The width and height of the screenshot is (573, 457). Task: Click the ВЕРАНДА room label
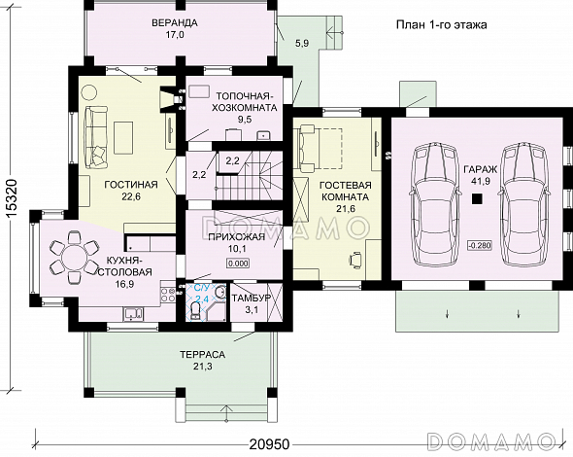[175, 22]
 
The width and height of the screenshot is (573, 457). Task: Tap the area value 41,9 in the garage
[480, 181]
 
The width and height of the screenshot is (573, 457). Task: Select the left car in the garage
[434, 206]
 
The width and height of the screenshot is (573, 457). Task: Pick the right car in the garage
[524, 206]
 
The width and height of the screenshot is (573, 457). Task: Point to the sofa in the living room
[95, 136]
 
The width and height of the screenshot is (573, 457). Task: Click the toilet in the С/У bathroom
[195, 312]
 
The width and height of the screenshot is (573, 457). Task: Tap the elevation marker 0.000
[238, 264]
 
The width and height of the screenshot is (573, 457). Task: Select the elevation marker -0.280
[480, 245]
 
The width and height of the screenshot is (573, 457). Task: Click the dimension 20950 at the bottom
[269, 444]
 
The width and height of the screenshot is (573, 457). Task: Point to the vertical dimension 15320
[12, 199]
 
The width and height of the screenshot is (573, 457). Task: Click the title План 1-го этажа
[442, 25]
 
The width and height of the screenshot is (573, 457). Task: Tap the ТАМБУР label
[252, 298]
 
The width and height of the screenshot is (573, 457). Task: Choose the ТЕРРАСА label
[202, 355]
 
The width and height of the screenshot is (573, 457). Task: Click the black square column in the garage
[477, 198]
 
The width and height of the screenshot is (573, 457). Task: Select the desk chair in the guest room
[355, 260]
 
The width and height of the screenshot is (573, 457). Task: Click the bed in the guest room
[320, 148]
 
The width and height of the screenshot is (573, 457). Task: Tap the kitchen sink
[133, 314]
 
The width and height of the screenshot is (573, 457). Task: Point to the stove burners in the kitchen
[168, 296]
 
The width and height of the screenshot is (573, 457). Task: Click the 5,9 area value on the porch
[302, 43]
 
